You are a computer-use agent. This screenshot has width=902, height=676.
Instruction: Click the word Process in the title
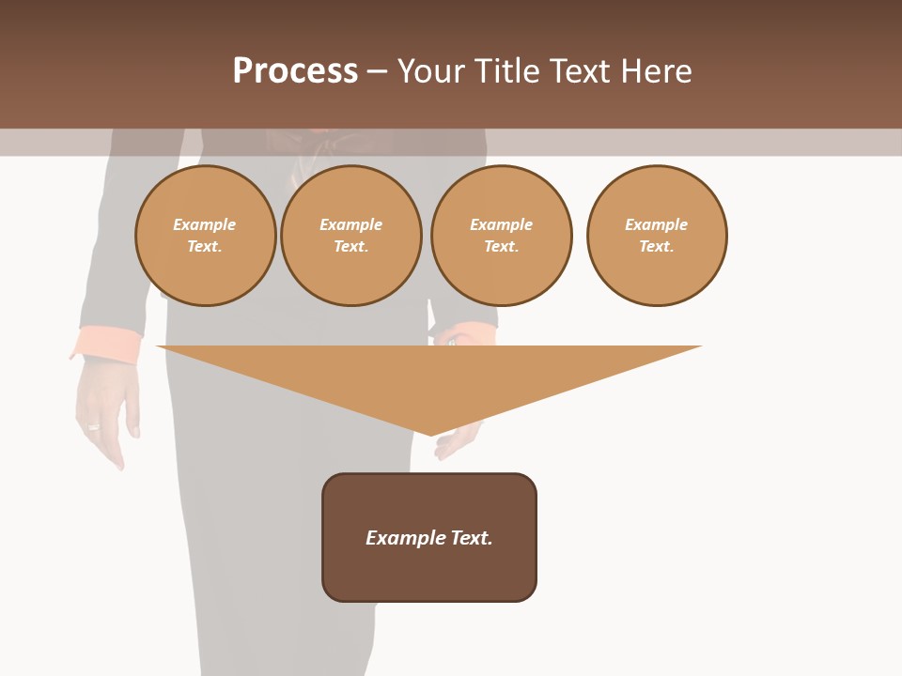(x=295, y=71)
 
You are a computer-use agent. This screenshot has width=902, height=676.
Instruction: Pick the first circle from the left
(x=205, y=236)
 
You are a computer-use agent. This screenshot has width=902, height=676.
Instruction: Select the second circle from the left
(x=351, y=236)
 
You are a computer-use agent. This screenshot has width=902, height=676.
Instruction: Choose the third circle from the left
(x=501, y=236)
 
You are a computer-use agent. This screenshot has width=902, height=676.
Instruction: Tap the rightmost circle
(x=657, y=236)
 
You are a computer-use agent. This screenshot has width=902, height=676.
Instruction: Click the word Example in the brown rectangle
(x=405, y=538)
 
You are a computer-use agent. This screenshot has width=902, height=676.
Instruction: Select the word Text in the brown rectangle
(x=472, y=538)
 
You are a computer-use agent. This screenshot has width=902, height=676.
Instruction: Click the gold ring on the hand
(x=93, y=426)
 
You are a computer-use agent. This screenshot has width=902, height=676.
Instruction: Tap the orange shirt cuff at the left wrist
(x=105, y=343)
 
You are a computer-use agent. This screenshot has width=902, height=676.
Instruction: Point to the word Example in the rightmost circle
(x=656, y=224)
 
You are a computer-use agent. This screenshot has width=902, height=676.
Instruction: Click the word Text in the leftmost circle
(x=204, y=247)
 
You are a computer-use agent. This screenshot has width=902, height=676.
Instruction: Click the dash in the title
(x=377, y=71)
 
